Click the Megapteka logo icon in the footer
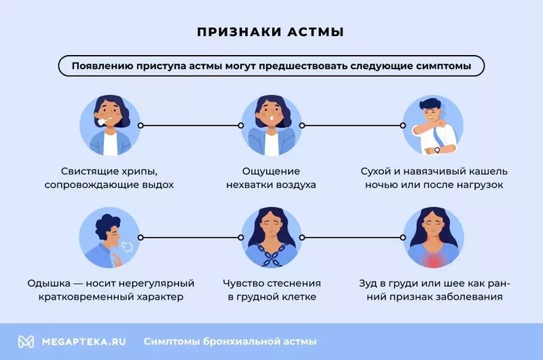(26, 342)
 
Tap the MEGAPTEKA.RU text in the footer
(83, 342)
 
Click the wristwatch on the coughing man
(437, 150)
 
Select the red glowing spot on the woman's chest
(433, 259)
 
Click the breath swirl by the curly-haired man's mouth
(127, 247)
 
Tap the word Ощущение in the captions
(271, 172)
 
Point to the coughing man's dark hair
(429, 104)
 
